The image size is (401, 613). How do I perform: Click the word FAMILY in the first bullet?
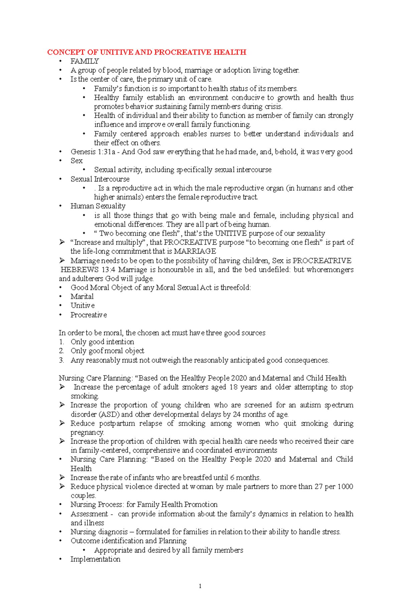[85, 61]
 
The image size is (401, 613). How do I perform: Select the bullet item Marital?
[82, 297]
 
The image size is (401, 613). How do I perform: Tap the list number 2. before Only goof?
[61, 351]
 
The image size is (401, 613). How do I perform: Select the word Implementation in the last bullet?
[95, 559]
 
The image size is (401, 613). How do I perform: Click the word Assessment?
[89, 514]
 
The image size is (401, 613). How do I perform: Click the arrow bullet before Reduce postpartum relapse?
[62, 423]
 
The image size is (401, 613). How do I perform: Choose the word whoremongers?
[332, 270]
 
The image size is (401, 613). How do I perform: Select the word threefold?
[236, 288]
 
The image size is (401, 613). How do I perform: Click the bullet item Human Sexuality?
[98, 206]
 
